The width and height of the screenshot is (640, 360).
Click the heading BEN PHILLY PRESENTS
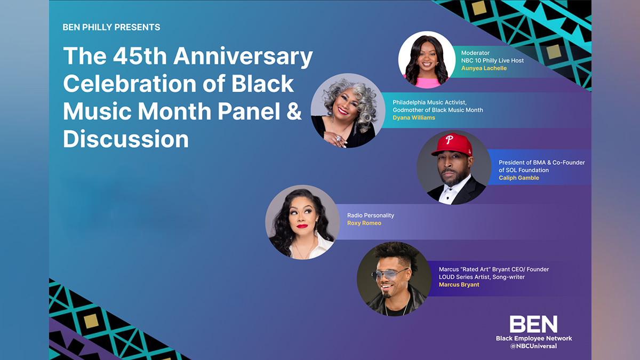111,27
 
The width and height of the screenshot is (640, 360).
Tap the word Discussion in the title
126,139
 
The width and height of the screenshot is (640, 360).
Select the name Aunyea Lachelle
484,68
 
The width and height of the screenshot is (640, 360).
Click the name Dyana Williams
414,117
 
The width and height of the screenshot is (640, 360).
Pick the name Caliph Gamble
518,178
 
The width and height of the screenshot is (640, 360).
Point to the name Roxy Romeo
364,223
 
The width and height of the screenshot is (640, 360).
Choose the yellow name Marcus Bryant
459,285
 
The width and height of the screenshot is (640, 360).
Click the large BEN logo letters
533,324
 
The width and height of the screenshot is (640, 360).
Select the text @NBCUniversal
533,346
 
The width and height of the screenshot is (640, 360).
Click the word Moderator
475,53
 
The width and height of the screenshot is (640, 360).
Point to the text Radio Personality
370,215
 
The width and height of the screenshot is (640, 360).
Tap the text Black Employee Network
533,338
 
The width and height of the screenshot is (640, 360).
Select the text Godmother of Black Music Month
437,110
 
